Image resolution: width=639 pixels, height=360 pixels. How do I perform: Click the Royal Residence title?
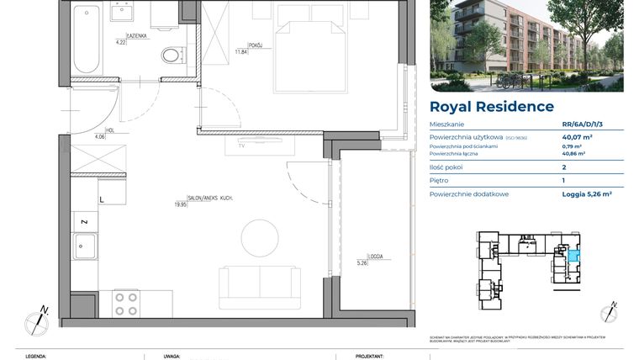coord(492,107)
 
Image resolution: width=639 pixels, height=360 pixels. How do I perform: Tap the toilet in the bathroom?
coord(172,56)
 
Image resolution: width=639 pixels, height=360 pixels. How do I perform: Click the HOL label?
coord(98,131)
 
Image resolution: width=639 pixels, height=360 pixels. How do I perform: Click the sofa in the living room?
coord(259,286)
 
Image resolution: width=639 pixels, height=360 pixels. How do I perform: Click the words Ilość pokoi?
coord(446,167)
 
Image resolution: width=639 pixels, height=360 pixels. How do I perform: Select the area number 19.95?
coord(181,203)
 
